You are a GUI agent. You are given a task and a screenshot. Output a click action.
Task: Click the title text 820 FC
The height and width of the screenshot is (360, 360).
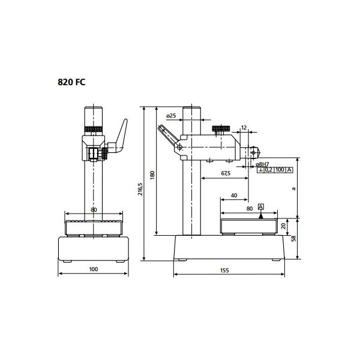pyautogui.click(x=71, y=82)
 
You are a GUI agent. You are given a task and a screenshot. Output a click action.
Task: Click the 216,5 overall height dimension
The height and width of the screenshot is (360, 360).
pyautogui.click(x=140, y=189)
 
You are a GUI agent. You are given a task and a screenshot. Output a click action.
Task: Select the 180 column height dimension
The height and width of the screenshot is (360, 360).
pyautogui.click(x=152, y=175)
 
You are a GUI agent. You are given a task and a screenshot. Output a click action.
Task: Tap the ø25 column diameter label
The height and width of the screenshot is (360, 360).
pyautogui.click(x=171, y=115)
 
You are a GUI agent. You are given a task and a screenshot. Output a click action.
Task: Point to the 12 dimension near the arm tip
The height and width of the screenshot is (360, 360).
pyautogui.click(x=244, y=128)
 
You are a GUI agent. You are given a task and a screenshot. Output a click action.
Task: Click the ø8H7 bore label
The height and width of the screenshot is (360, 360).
pyautogui.click(x=262, y=164)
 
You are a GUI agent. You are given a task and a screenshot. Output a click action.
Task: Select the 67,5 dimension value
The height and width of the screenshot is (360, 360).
pyautogui.click(x=226, y=173)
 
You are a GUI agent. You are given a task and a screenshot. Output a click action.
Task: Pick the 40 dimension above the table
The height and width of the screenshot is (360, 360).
pyautogui.click(x=234, y=196)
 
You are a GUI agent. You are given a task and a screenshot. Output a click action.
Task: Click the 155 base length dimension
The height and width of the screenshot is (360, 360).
pyautogui.click(x=224, y=270)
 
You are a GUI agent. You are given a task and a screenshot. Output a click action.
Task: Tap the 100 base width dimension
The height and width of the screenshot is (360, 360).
pyautogui.click(x=94, y=269)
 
